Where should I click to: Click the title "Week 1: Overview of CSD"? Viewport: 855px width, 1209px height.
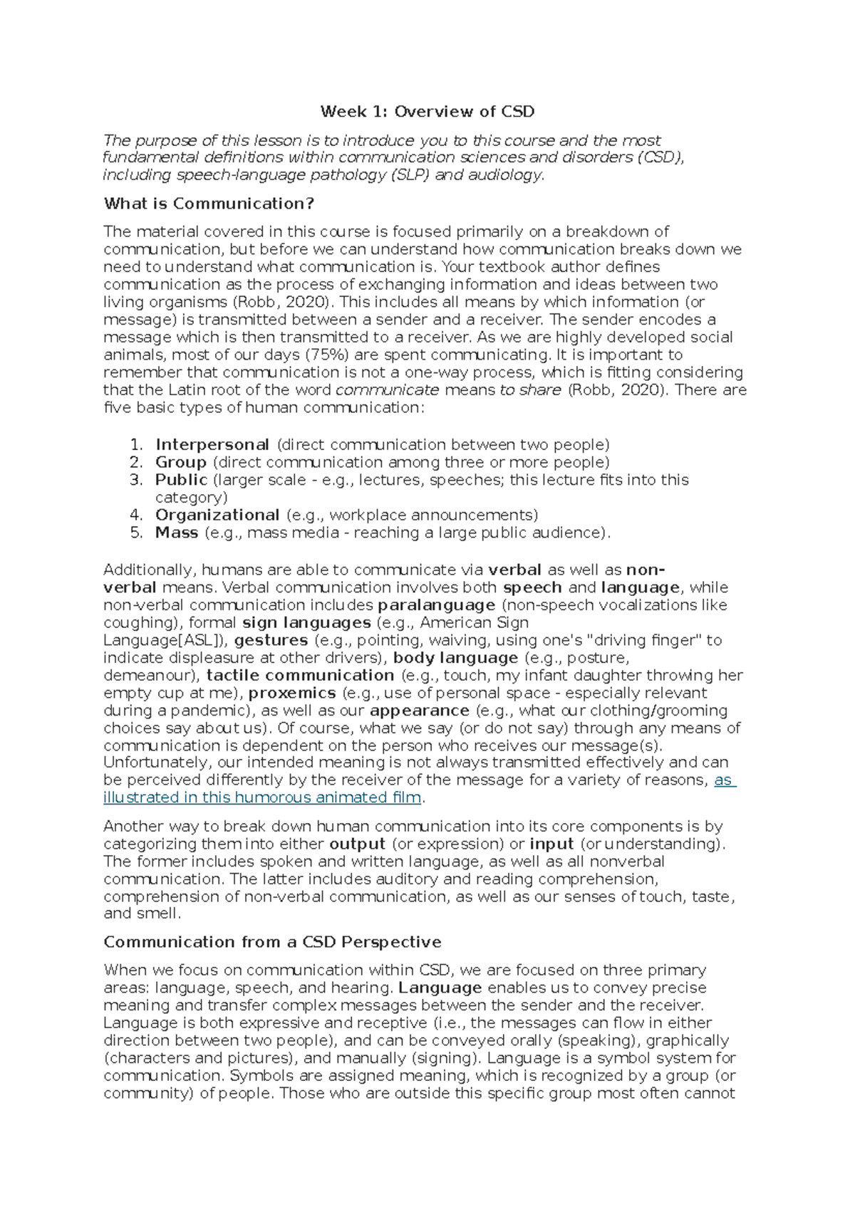click(427, 112)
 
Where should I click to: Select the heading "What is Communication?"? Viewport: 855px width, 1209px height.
click(209, 204)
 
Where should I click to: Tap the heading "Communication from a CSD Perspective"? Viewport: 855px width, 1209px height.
click(272, 942)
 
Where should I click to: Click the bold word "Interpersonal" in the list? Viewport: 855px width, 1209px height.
click(212, 445)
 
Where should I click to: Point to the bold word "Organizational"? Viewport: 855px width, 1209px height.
click(217, 515)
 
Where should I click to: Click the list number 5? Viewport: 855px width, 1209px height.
click(137, 533)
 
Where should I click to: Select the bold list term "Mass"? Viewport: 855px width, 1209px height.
click(177, 533)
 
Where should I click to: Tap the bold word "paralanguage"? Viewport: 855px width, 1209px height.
click(436, 605)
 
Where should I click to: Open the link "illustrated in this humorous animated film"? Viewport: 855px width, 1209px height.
click(262, 797)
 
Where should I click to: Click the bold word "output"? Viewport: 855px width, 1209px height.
click(357, 844)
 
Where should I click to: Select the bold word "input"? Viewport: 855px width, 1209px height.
click(552, 844)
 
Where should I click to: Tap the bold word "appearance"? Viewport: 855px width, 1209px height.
click(420, 711)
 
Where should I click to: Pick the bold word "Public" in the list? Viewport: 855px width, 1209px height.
click(181, 480)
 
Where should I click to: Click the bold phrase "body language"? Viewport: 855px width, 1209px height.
click(455, 658)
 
